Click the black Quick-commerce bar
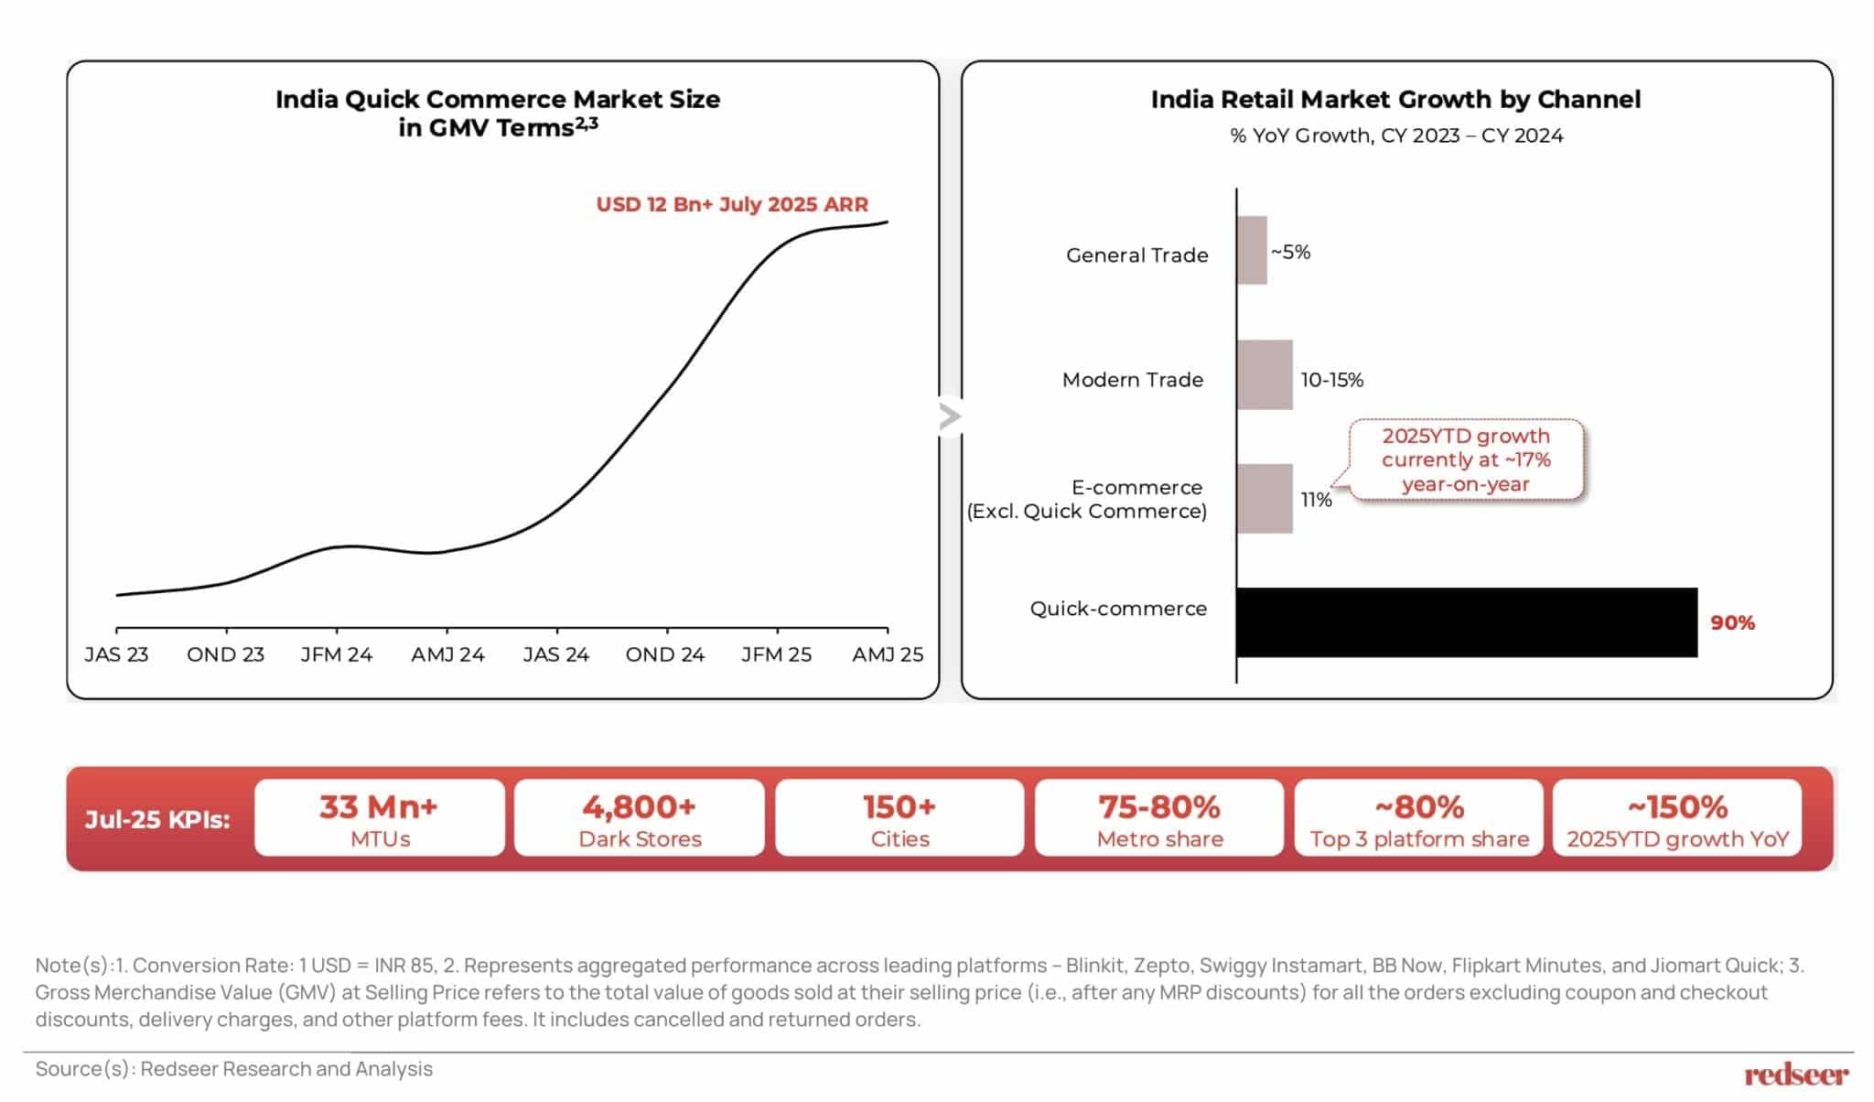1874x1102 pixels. click(x=1466, y=622)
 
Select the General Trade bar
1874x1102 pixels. click(x=1252, y=251)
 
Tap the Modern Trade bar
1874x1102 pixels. click(x=1265, y=375)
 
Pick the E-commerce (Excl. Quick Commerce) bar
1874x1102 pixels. click(x=1265, y=499)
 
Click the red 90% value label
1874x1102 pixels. click(x=1732, y=623)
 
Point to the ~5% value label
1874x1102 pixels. click(x=1290, y=252)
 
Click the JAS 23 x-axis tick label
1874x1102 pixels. click(x=116, y=654)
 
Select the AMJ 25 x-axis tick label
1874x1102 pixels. click(x=888, y=654)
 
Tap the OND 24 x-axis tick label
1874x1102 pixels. click(x=665, y=654)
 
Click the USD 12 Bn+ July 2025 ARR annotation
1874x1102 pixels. click(x=732, y=204)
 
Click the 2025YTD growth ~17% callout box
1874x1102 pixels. click(x=1466, y=459)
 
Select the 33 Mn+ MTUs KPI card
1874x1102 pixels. click(x=380, y=818)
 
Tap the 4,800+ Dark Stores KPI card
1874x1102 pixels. click(x=640, y=818)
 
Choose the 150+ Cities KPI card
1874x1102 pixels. click(x=899, y=818)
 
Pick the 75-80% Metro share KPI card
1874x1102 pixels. click(x=1159, y=818)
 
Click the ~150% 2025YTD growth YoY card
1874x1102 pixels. click(x=1677, y=818)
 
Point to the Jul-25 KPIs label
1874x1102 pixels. click(x=157, y=819)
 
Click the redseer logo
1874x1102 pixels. click(x=1796, y=1075)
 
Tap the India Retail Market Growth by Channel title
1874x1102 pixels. click(x=1395, y=99)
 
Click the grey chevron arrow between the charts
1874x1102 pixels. click(x=950, y=416)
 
